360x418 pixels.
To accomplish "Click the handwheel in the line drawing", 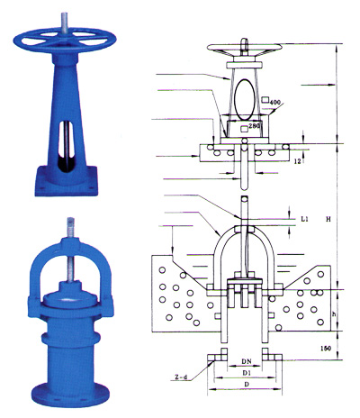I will coord(244,50).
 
